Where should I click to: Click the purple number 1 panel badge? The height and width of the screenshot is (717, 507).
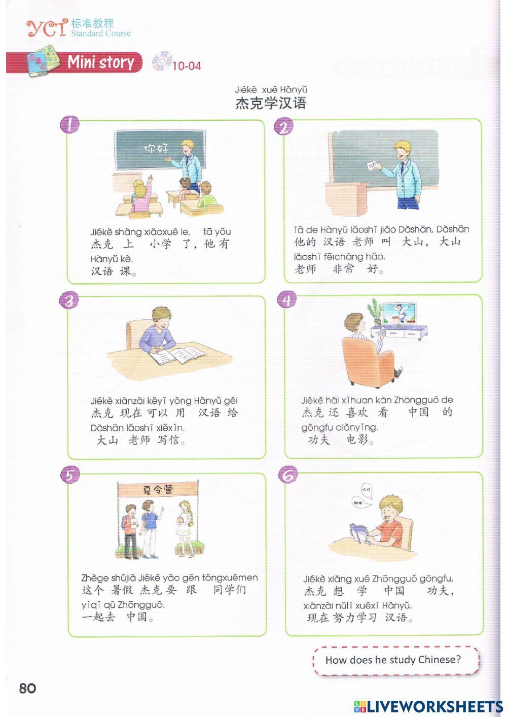(70, 125)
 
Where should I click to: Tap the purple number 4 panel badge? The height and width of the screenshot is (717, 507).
(287, 300)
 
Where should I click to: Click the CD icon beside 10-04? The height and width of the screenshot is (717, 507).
(162, 61)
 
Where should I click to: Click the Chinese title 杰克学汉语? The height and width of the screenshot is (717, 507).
(271, 103)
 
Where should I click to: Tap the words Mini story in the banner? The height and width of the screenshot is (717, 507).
(100, 62)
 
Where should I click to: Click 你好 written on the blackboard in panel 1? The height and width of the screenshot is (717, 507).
(157, 148)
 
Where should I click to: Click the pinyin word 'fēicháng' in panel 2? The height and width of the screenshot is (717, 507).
(345, 257)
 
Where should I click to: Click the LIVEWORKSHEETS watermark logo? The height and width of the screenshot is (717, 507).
(428, 706)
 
